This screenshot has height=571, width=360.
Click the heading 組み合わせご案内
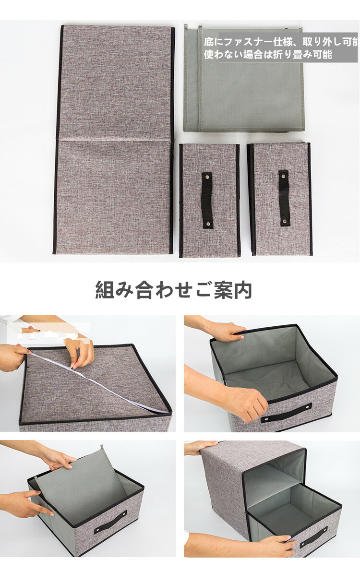point(173,290)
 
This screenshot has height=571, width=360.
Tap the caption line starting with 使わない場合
point(268,55)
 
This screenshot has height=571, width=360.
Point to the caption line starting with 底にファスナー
point(281,42)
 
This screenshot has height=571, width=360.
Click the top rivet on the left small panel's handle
point(207,177)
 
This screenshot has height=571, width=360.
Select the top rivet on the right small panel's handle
point(284,175)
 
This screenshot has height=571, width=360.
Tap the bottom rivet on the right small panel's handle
point(284,221)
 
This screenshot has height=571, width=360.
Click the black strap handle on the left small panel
point(207,200)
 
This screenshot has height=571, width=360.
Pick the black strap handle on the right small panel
point(284,198)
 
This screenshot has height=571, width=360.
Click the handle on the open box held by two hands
point(287,413)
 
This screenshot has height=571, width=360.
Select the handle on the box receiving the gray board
point(110,522)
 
